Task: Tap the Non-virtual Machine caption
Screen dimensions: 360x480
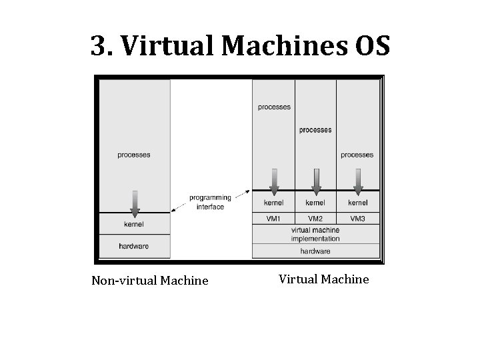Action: tap(150, 281)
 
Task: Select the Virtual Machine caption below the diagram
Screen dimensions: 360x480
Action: tap(323, 279)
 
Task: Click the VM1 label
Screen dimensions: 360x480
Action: tap(274, 218)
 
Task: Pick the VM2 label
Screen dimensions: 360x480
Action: tap(315, 218)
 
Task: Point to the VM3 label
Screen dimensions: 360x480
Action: tap(357, 218)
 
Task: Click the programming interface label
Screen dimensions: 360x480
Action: tap(210, 202)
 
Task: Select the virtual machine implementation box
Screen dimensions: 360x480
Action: tap(315, 234)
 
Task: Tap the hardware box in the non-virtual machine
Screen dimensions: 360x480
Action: tap(134, 246)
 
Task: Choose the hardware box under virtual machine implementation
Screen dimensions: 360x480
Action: tap(315, 251)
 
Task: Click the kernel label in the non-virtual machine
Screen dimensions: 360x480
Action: tap(134, 224)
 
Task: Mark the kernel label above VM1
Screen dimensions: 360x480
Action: tap(274, 203)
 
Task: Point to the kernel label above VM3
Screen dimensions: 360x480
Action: tap(357, 203)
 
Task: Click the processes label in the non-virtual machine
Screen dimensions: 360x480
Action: tap(134, 155)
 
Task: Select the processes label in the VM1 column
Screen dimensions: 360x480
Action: tap(274, 107)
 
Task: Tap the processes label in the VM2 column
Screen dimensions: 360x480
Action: tap(315, 130)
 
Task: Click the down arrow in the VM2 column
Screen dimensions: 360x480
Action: tap(316, 181)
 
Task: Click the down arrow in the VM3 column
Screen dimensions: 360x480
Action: tap(358, 181)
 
